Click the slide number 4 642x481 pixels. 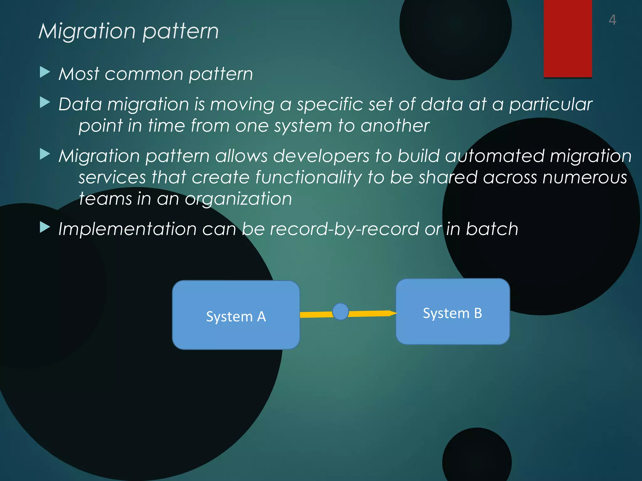tap(612, 20)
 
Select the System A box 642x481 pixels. tap(236, 315)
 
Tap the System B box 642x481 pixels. tap(452, 312)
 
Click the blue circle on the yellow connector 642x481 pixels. tap(340, 312)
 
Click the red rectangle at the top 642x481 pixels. tap(567, 38)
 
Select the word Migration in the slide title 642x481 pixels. tap(87, 32)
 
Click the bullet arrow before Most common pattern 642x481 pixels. tap(45, 72)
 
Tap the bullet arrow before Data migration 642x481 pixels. tap(45, 102)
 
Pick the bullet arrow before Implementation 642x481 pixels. tap(45, 227)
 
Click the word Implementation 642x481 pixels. tap(127, 229)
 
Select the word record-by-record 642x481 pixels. tap(344, 229)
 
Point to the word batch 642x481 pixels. tap(492, 229)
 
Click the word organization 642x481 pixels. tap(238, 199)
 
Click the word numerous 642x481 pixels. tap(585, 178)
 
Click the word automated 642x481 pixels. tap(494, 156)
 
